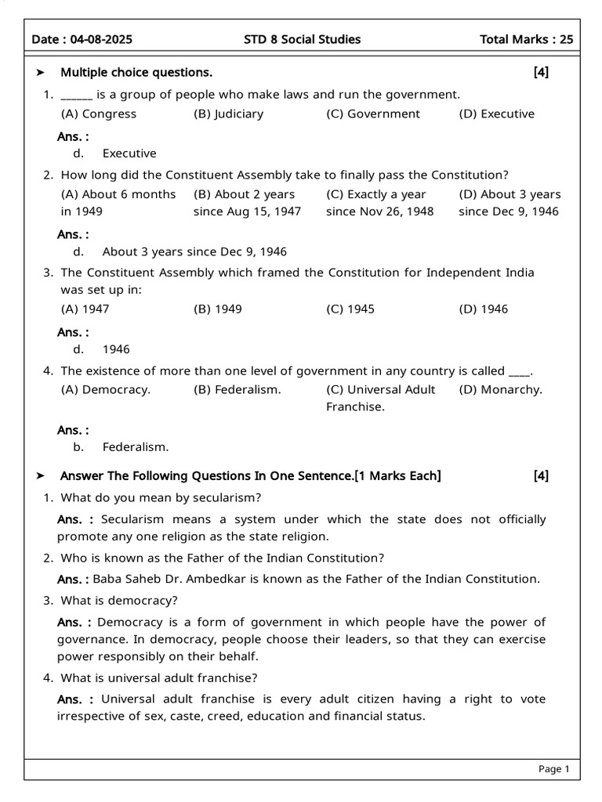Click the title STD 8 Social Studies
click(x=303, y=39)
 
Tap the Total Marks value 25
click(x=567, y=39)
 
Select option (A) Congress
click(x=99, y=114)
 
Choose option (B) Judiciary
click(x=228, y=114)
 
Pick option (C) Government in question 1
click(x=373, y=114)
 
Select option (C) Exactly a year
click(x=376, y=194)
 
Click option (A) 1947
click(x=85, y=309)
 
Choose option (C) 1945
click(x=350, y=309)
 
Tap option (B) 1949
click(x=218, y=309)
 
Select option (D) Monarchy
click(x=500, y=389)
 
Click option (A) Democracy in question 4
click(x=106, y=389)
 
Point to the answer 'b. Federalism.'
click(x=121, y=447)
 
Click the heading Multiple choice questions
click(x=136, y=73)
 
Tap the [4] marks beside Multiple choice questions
click(x=541, y=73)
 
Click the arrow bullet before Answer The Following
click(x=42, y=476)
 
